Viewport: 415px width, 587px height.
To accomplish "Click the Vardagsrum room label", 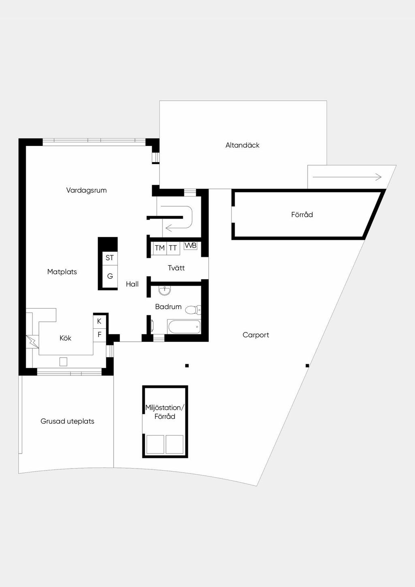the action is click(x=86, y=190).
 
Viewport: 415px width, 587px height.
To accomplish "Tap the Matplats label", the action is click(x=62, y=272).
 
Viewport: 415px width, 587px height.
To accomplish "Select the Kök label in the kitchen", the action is click(x=66, y=338).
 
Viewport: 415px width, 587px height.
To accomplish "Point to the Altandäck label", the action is click(x=242, y=145).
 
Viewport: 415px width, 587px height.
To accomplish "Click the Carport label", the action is click(x=256, y=335).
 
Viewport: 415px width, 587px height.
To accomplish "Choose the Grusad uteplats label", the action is click(x=67, y=421).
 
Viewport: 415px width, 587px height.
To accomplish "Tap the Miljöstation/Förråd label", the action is click(x=165, y=412).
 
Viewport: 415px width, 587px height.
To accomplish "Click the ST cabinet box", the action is click(x=109, y=258).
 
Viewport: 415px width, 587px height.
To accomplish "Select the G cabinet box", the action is click(x=110, y=276).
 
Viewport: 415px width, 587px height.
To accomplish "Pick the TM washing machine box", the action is click(x=160, y=248).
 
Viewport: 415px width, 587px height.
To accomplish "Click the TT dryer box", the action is click(x=173, y=248).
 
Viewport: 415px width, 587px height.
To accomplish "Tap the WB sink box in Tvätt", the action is click(x=190, y=246).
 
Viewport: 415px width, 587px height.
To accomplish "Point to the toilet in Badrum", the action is click(x=193, y=310).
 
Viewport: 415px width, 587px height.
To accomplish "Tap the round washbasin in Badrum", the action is click(x=165, y=291).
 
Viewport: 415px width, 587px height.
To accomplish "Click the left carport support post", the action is click(x=187, y=366).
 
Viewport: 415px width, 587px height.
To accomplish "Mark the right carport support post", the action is click(x=307, y=366).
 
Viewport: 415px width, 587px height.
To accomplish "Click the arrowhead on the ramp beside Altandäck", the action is click(x=379, y=177).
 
